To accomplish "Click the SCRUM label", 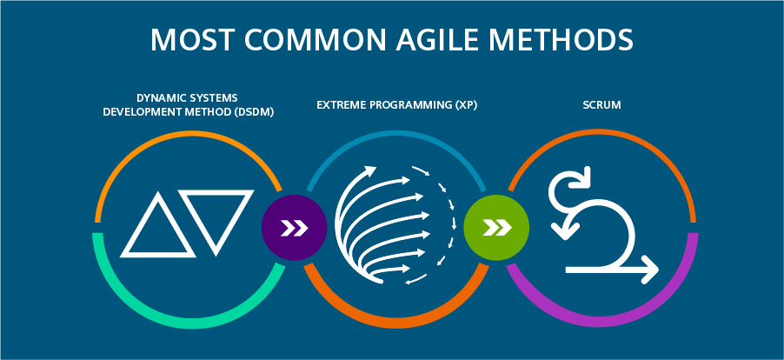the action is (x=602, y=105).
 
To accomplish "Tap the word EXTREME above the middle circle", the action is (x=338, y=105).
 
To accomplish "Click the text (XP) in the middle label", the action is (x=467, y=106).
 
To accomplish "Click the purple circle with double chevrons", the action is (x=294, y=228).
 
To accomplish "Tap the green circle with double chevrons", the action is (x=496, y=228).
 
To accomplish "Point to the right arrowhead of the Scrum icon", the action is (x=650, y=270).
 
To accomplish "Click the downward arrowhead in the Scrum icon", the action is (x=564, y=231).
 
